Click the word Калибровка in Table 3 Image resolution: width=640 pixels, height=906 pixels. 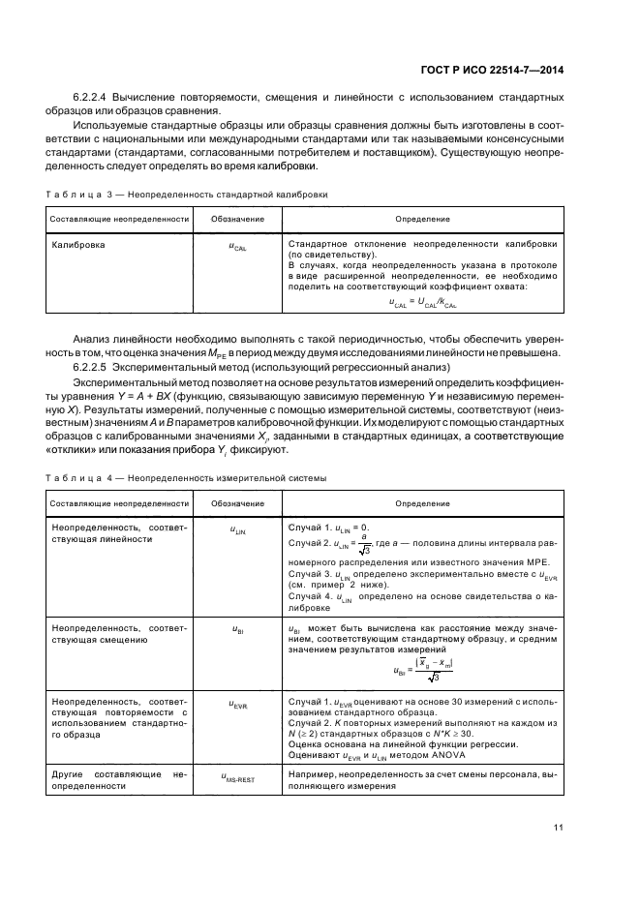click(78, 245)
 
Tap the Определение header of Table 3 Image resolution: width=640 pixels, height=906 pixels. click(422, 220)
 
